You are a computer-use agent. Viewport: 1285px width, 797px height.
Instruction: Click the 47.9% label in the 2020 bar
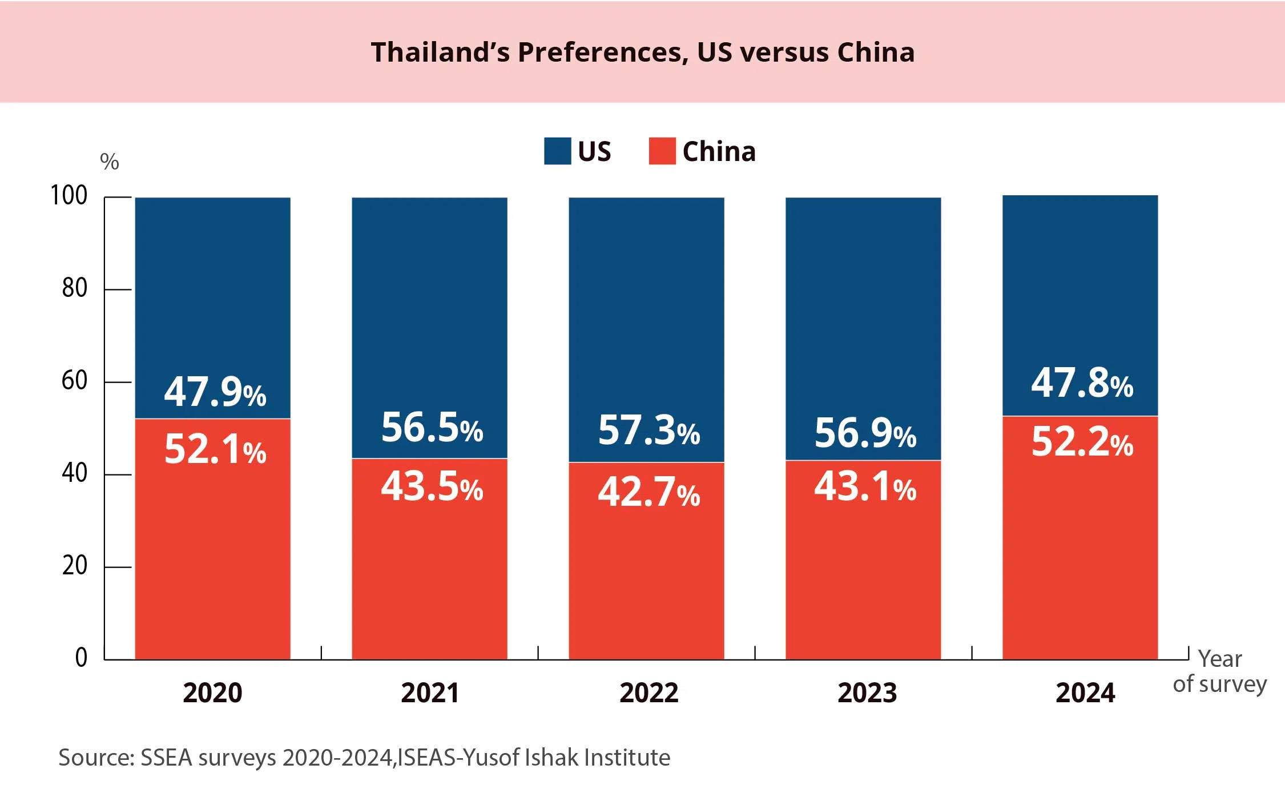[215, 392]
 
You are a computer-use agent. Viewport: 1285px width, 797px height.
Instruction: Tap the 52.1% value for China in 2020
[215, 449]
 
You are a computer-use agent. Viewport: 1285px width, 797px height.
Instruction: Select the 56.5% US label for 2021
[432, 428]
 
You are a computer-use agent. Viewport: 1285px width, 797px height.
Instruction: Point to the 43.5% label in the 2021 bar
[432, 487]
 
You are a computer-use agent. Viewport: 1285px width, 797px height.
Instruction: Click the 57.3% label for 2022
[649, 430]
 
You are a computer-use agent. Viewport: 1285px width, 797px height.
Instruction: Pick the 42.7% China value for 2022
[649, 492]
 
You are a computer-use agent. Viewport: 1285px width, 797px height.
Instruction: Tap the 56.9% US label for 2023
[865, 433]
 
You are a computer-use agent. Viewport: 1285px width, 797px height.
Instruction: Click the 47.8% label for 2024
[1082, 383]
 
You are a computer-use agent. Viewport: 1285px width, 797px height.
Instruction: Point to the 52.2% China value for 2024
[1082, 442]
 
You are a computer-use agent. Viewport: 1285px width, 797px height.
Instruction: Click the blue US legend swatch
[557, 151]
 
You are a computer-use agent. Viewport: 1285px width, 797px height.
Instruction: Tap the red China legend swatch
[662, 151]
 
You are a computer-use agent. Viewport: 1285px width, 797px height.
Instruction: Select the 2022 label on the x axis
[649, 693]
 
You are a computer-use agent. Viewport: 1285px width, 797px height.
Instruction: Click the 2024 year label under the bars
[1085, 693]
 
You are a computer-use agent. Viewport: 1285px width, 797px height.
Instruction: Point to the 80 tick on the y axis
[75, 288]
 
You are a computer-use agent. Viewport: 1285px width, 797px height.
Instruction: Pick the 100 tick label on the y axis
[69, 196]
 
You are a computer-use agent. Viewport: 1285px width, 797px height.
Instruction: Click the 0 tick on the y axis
[81, 658]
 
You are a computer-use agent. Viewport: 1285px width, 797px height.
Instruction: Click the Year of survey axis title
[1220, 671]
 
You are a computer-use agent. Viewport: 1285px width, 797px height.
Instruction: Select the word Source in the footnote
[95, 758]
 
